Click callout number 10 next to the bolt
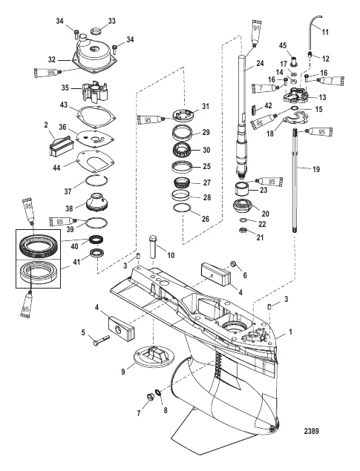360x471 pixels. click(x=170, y=256)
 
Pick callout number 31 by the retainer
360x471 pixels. click(x=206, y=105)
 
